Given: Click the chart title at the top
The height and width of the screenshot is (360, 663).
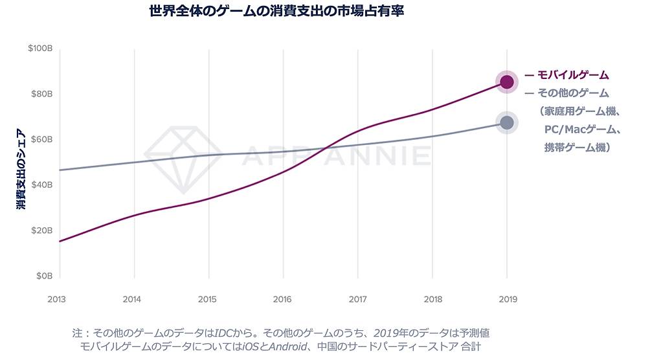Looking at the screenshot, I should [x=276, y=11].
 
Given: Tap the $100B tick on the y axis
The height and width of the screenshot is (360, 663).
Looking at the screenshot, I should [x=39, y=49].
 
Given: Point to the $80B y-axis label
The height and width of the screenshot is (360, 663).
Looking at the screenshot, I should [x=40, y=94].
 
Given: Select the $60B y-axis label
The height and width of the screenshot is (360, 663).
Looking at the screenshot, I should [x=40, y=139].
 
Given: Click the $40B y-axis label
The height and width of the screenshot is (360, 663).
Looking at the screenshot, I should [x=40, y=185].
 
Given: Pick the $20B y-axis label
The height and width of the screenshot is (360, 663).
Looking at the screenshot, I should [x=40, y=231].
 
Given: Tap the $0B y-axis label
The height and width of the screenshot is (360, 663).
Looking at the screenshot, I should [x=43, y=276].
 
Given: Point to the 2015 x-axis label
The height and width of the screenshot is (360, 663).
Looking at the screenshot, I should [x=208, y=299].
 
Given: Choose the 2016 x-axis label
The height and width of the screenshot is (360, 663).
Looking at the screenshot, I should [x=283, y=299].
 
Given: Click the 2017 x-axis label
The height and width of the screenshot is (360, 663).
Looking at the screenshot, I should [x=357, y=299].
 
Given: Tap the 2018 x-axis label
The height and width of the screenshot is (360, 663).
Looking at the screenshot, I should [x=432, y=299].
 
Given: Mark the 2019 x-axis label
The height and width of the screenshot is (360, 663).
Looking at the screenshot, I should [x=507, y=299].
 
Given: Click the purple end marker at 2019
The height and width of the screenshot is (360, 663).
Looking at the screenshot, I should [x=507, y=82].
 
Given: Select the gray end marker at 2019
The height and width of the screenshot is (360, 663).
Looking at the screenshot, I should [x=507, y=122].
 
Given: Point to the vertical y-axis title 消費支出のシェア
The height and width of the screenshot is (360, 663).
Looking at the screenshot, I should [x=21, y=170].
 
